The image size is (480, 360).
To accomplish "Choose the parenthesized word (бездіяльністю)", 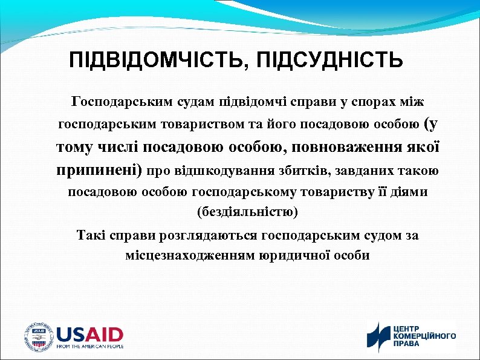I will [x=247, y=212].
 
